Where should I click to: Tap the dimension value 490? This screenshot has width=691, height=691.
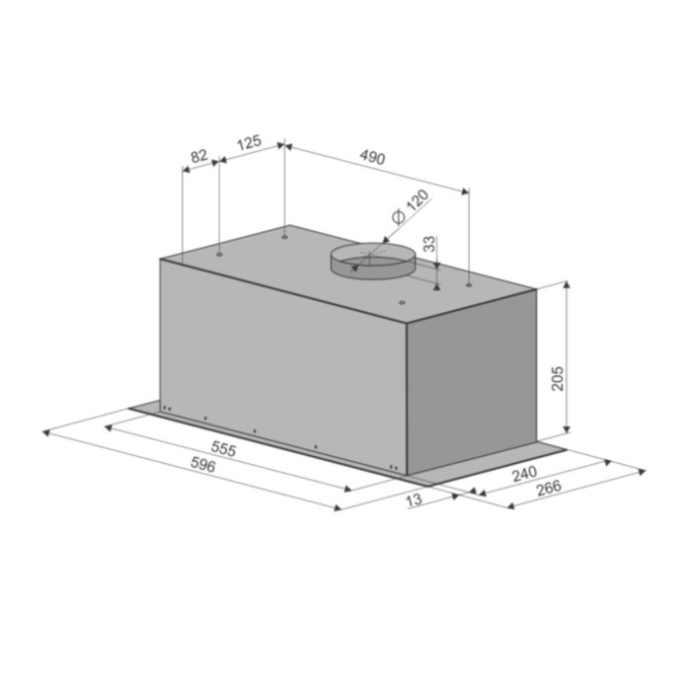(x=372, y=157)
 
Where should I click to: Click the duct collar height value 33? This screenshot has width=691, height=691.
(x=428, y=245)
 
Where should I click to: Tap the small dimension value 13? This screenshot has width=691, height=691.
(x=413, y=500)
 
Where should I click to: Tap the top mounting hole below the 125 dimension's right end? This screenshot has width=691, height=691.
(x=284, y=237)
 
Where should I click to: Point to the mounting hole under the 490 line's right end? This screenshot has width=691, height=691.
(x=468, y=285)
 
